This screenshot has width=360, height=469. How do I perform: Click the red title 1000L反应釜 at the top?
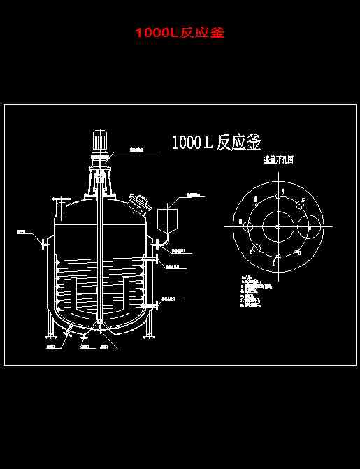click(x=180, y=33)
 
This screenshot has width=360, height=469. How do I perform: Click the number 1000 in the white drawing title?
click(x=185, y=143)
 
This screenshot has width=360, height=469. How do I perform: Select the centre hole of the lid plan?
click(x=278, y=226)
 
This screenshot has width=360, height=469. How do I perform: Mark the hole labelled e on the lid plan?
click(x=256, y=248)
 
